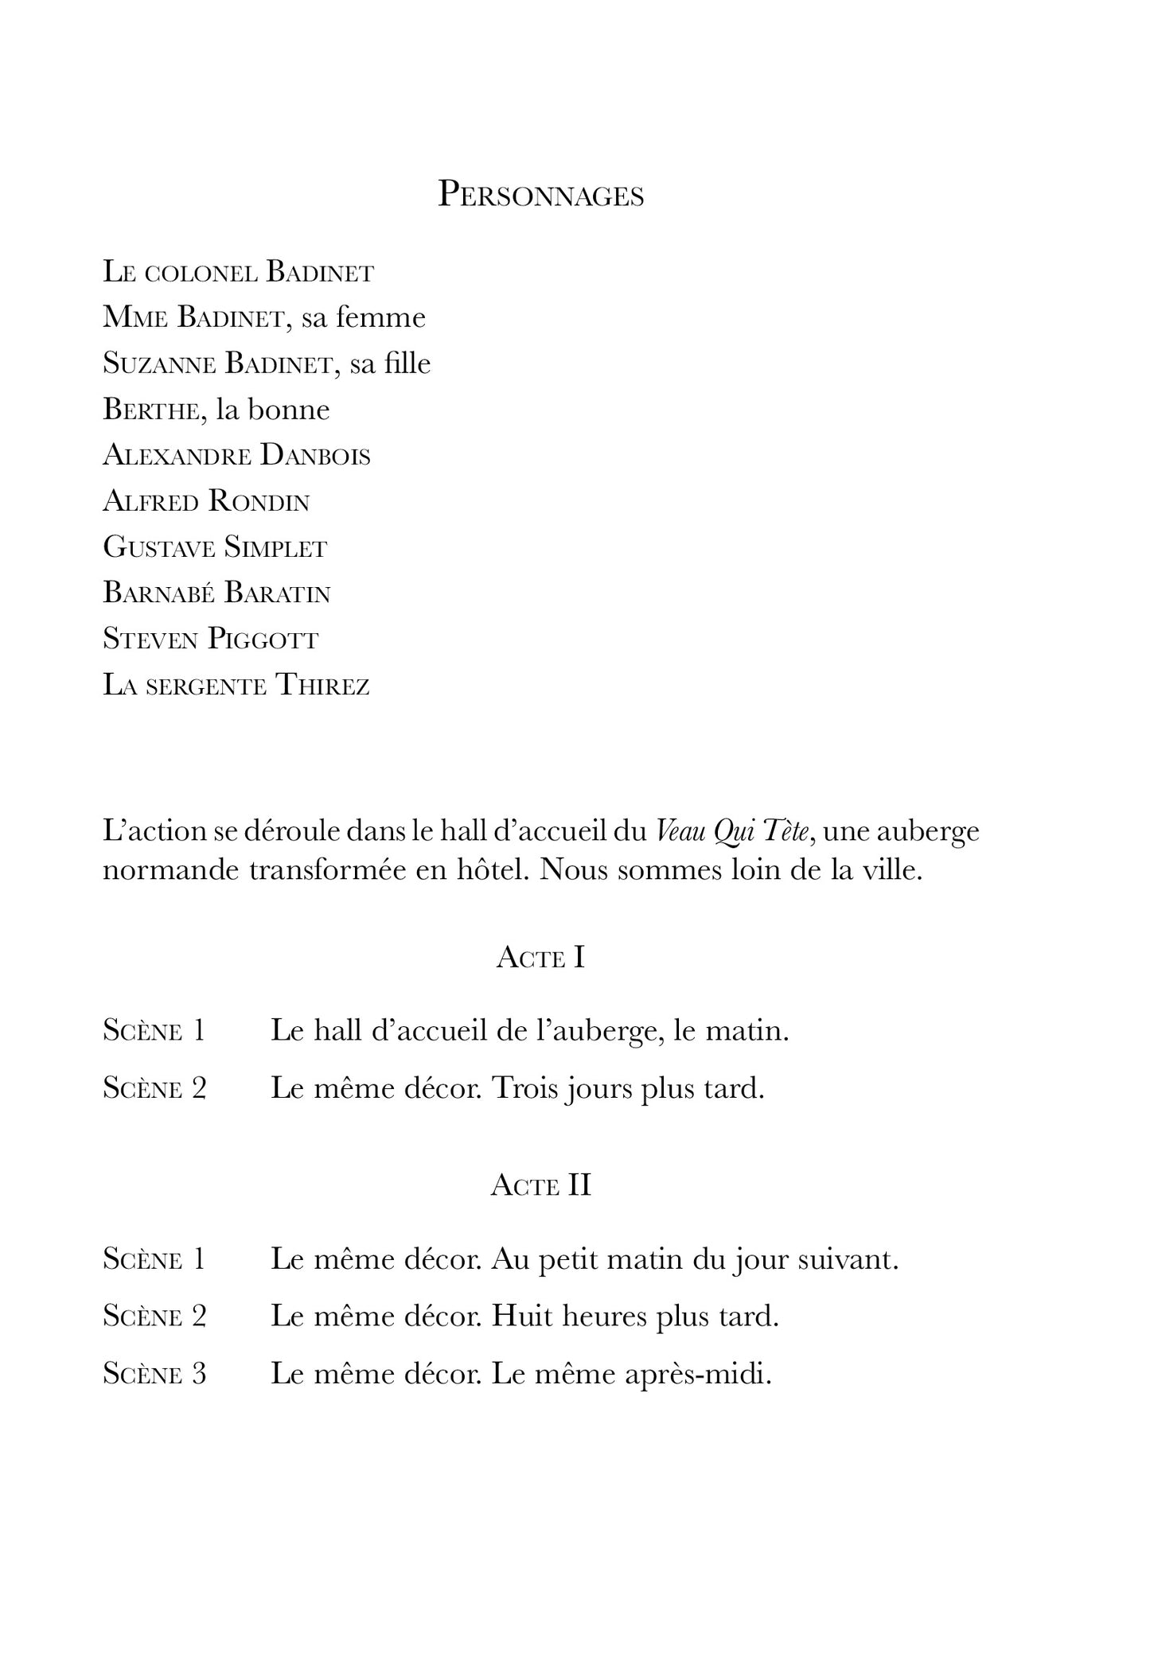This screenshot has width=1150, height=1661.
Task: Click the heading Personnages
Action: [541, 196]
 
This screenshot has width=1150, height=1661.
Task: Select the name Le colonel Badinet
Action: [238, 273]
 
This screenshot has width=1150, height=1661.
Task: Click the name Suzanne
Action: [159, 364]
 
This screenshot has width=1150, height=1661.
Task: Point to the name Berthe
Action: [150, 410]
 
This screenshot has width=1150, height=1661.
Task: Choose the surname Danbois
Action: [315, 456]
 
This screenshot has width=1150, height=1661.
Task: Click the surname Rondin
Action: [259, 502]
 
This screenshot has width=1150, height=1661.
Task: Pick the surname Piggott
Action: [263, 640]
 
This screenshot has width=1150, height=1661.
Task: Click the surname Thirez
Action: [322, 686]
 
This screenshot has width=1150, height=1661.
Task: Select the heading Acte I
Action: [540, 958]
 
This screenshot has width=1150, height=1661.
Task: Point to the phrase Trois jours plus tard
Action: [628, 1088]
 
